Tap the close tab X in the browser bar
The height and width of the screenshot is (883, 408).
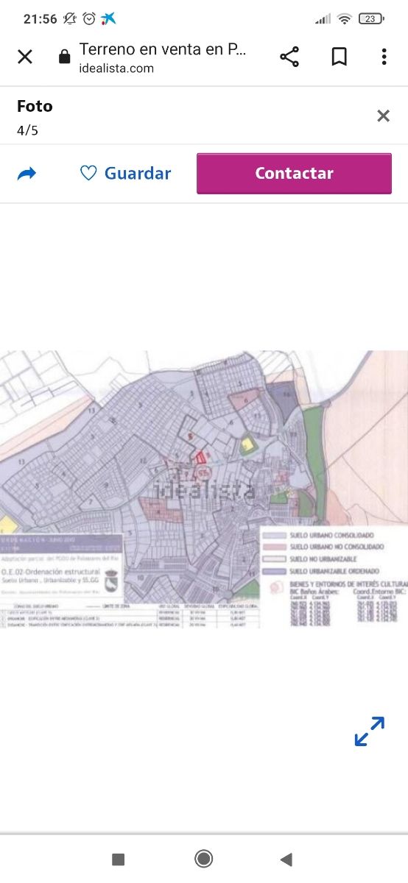point(25,57)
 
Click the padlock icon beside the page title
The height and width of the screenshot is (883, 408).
point(64,57)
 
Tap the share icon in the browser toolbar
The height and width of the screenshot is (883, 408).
point(289,57)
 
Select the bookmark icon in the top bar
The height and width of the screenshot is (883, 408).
point(339,57)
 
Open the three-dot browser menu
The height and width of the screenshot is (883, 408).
point(384,57)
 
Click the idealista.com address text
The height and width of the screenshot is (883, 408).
point(116,68)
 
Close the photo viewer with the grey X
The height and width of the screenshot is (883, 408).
point(383,116)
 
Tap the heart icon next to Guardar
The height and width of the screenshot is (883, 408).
point(88,173)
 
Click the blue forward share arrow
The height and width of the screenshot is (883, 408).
point(27,174)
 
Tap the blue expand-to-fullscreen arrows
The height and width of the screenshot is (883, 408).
point(369,731)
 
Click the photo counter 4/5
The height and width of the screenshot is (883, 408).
point(27,130)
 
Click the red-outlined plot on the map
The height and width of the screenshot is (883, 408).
point(198,458)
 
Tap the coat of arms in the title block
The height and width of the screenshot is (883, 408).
point(112,581)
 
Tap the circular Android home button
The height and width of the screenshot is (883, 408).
point(204,859)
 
